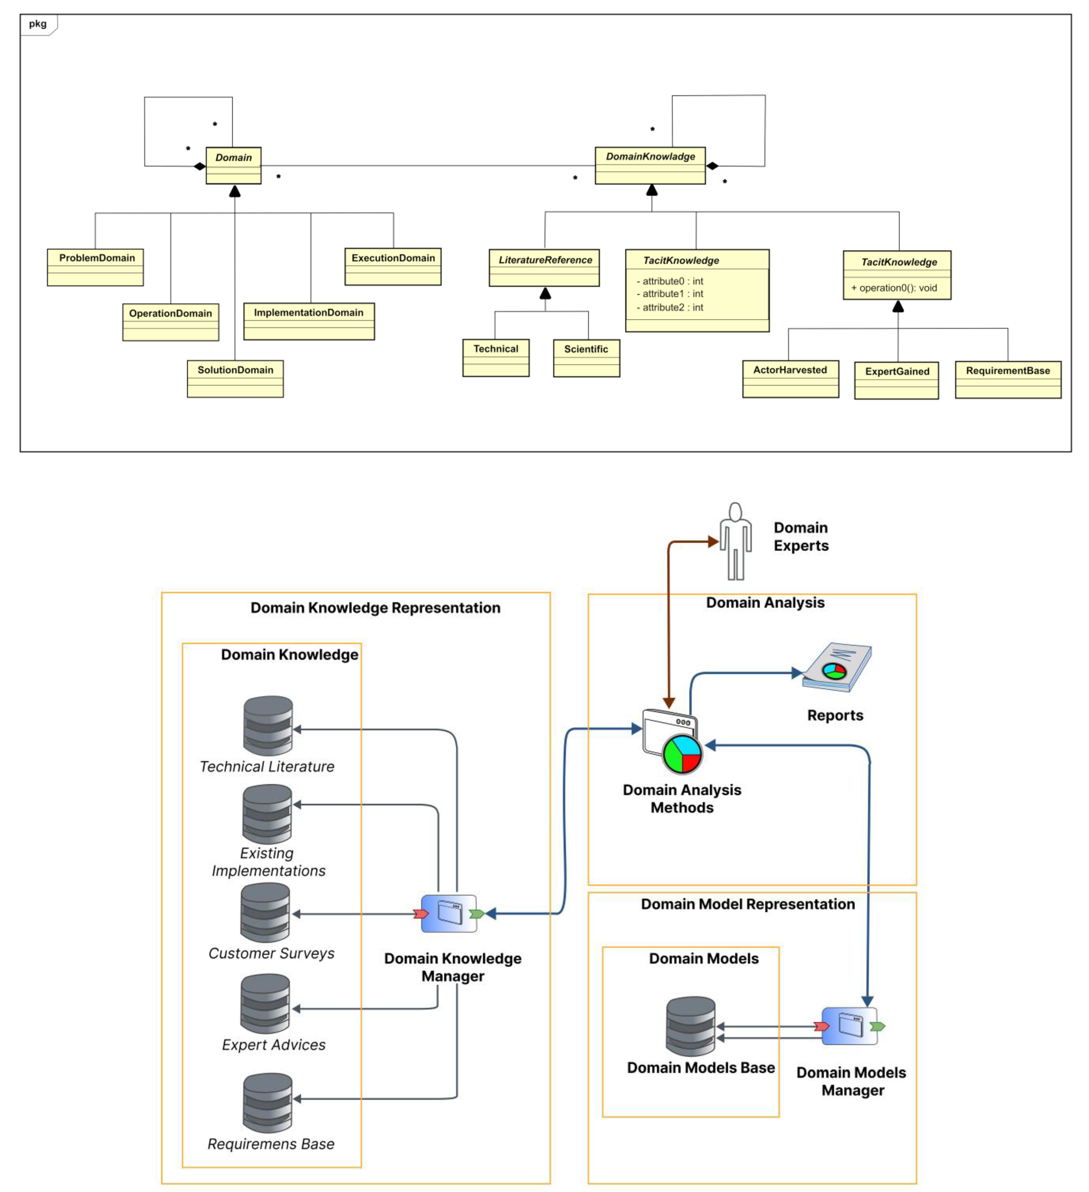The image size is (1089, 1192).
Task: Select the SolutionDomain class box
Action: [x=235, y=379]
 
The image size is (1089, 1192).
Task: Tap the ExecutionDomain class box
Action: [x=393, y=267]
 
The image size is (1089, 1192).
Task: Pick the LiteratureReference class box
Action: [x=544, y=268]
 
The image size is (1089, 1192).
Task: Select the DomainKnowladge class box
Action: [x=650, y=166]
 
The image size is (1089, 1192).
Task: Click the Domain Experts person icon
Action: [x=736, y=541]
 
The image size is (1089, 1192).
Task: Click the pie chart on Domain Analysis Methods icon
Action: [x=682, y=754]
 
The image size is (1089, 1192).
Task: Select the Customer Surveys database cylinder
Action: [x=265, y=912]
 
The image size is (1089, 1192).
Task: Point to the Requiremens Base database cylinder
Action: [x=268, y=1103]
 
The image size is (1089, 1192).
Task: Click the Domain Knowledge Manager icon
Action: [x=449, y=913]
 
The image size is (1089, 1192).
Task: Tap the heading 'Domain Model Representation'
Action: [x=748, y=904]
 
